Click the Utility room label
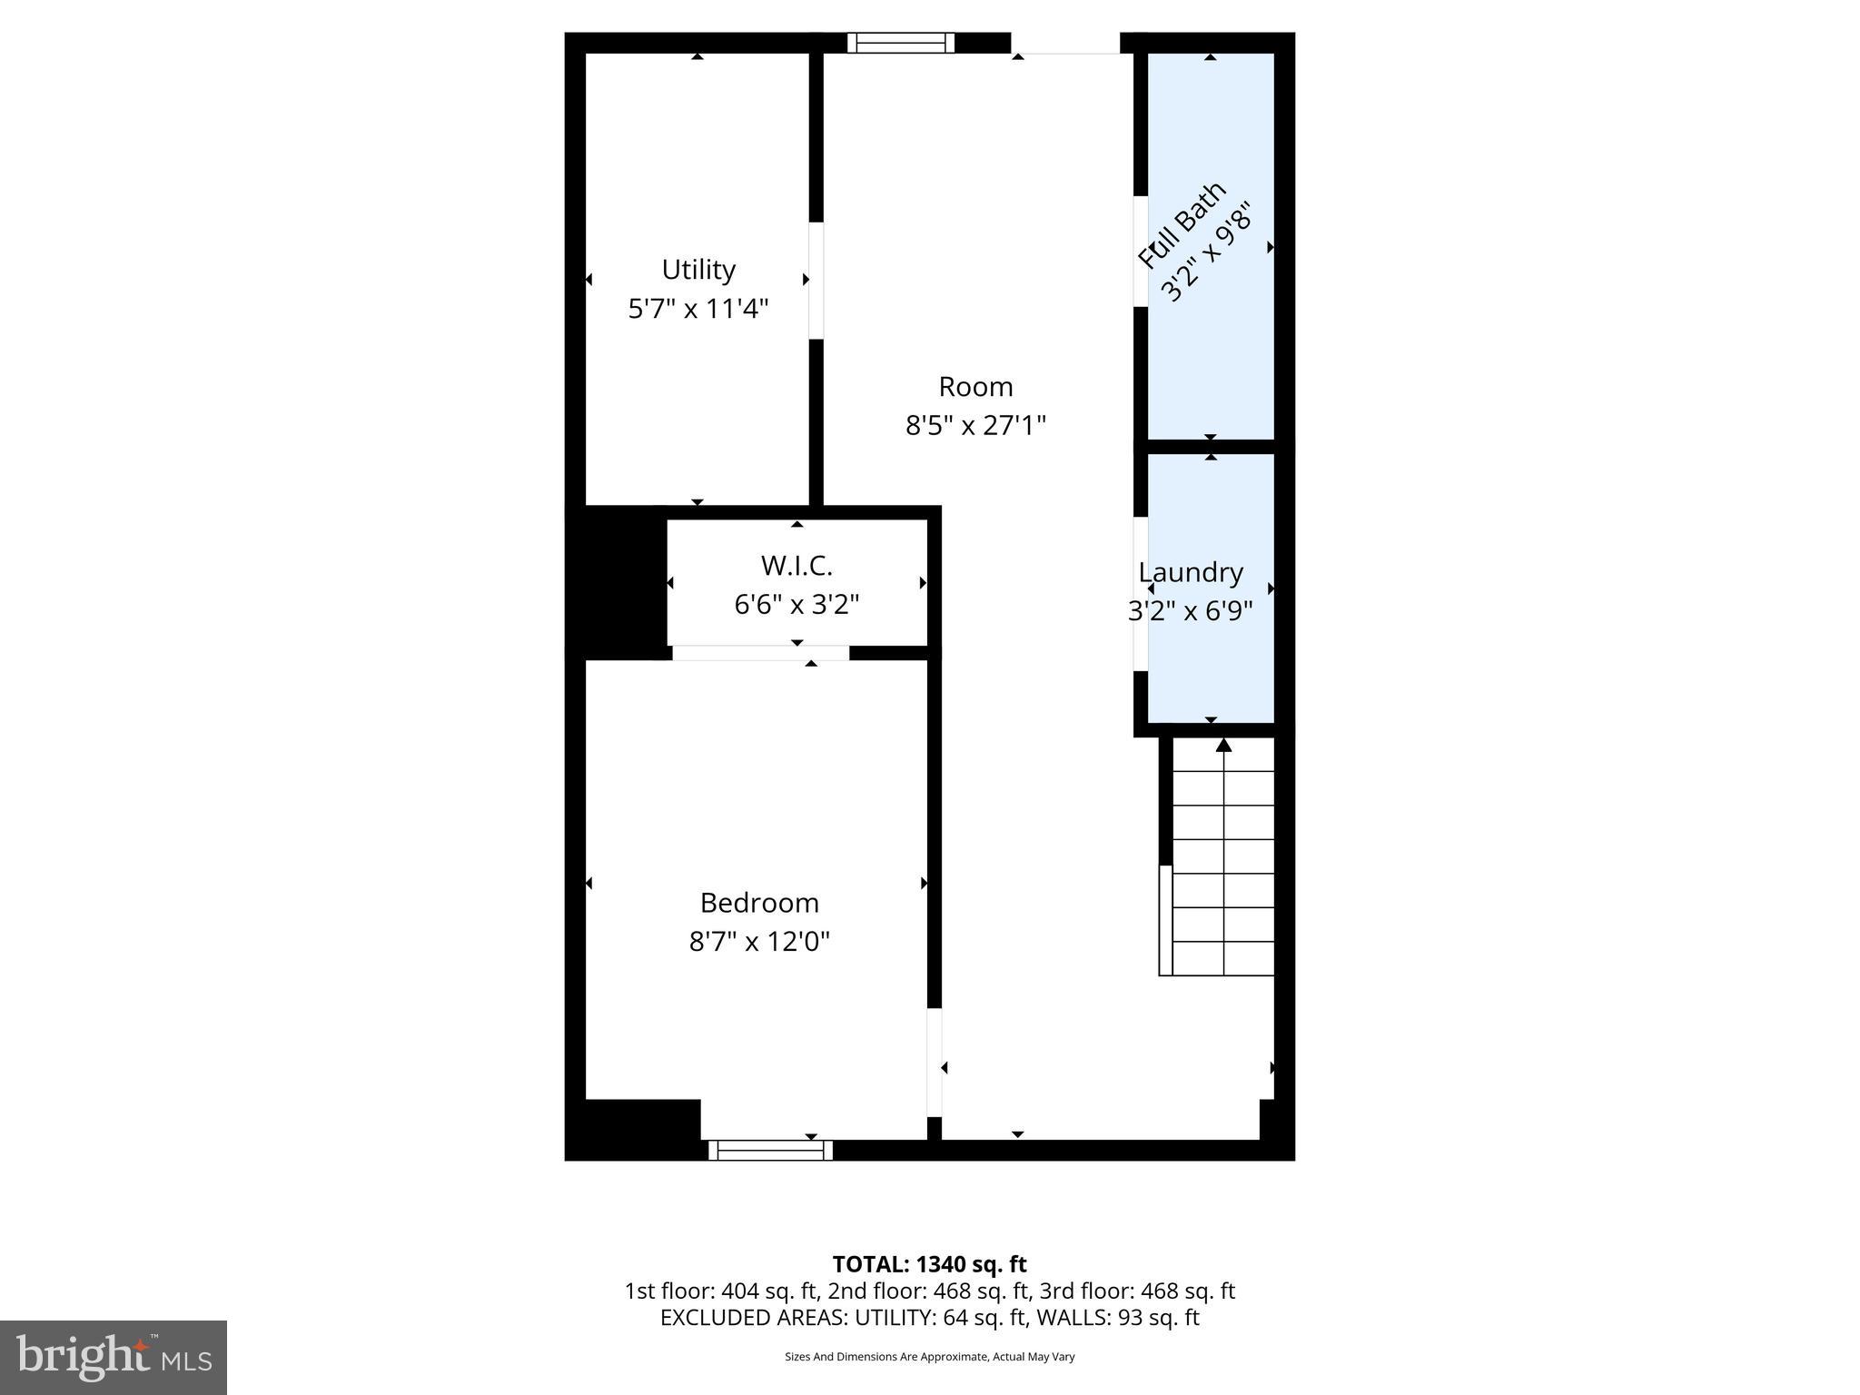click(697, 270)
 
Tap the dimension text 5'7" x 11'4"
click(697, 309)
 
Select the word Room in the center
click(975, 387)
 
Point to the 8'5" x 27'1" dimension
click(975, 425)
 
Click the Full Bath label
click(1182, 224)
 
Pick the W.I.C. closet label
click(796, 566)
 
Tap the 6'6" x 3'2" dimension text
click(796, 604)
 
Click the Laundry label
click(1191, 572)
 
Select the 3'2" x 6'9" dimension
click(1190, 611)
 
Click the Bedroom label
click(759, 903)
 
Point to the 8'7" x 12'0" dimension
click(759, 942)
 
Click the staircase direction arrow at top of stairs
click(1223, 746)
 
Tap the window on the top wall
click(900, 43)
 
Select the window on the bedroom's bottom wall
click(770, 1151)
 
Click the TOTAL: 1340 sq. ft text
click(929, 1264)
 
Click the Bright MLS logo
click(113, 1357)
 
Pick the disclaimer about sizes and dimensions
click(929, 1357)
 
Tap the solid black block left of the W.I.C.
click(617, 582)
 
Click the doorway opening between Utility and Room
click(816, 281)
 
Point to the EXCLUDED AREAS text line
click(929, 1318)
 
